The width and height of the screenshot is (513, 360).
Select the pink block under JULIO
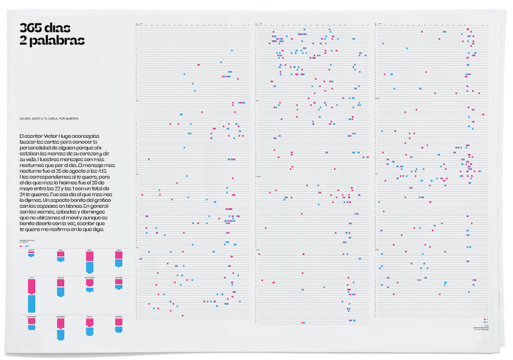click(x=32, y=286)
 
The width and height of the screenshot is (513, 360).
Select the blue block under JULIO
click(x=32, y=303)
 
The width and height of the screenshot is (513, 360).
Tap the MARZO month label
click(x=32, y=250)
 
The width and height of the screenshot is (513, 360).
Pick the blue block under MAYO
click(x=89, y=267)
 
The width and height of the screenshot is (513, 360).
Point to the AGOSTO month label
click(x=60, y=277)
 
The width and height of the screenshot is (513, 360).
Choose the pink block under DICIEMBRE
click(x=60, y=323)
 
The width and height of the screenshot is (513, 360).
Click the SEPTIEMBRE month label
click(x=89, y=277)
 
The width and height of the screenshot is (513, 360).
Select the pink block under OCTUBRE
click(x=118, y=282)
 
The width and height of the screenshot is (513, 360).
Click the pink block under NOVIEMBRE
click(x=32, y=321)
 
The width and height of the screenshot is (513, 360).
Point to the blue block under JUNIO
click(x=118, y=263)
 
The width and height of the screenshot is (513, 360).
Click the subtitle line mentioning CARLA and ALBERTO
click(x=48, y=118)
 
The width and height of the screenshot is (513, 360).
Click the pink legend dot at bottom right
click(x=483, y=319)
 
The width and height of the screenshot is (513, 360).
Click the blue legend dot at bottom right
click(x=483, y=323)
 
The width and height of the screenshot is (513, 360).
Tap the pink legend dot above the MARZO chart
click(x=20, y=245)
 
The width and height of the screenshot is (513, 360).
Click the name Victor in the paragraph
click(x=48, y=135)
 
